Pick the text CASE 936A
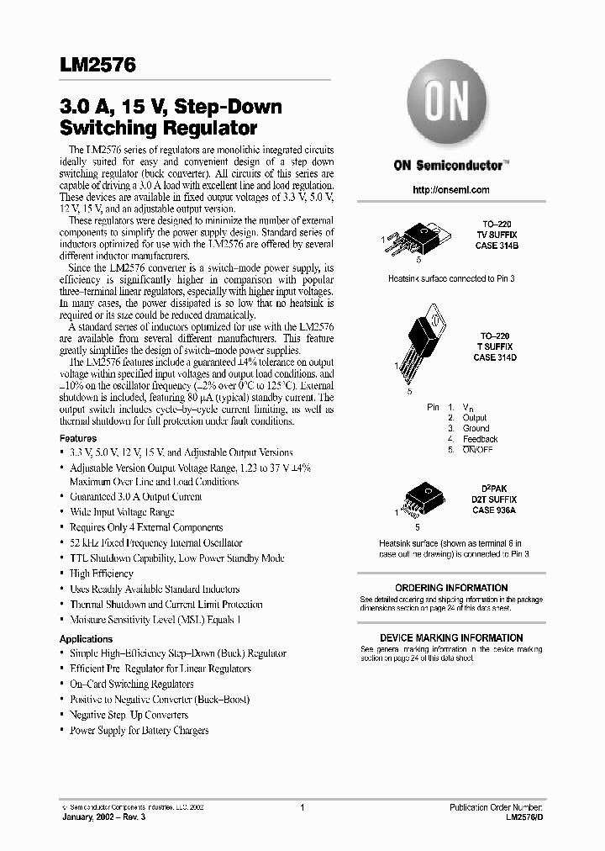click(493, 510)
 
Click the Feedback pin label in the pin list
click(480, 439)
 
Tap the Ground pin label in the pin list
click(476, 428)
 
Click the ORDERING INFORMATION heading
click(451, 588)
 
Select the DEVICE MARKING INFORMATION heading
click(451, 638)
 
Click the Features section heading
click(78, 438)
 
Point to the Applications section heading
click(86, 639)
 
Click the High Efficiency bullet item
click(101, 573)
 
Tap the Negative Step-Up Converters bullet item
click(129, 715)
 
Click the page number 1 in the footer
click(302, 806)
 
